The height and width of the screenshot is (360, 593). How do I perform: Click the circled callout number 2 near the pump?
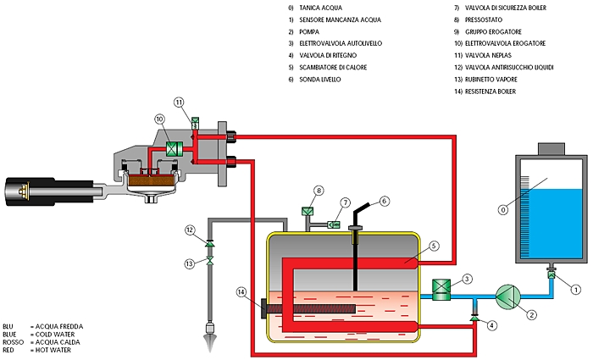(x=531, y=314)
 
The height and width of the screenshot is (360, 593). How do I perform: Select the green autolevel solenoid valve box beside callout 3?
(x=441, y=290)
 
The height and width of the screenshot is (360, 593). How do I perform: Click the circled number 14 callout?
(x=241, y=292)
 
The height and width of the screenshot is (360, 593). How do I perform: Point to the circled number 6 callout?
(x=385, y=202)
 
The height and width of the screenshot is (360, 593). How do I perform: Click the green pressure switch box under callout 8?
(x=308, y=211)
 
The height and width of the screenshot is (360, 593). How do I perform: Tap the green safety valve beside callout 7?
(x=334, y=224)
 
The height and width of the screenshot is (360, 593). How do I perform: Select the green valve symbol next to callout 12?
(x=209, y=244)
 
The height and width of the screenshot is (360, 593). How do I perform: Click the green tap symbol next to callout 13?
(x=209, y=260)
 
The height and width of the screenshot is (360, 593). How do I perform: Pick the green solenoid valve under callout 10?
(x=175, y=148)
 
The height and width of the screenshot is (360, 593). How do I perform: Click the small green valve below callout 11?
(x=195, y=123)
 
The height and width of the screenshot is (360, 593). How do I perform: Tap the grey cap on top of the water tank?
(x=551, y=149)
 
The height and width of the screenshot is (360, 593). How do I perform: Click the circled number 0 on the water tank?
(x=503, y=209)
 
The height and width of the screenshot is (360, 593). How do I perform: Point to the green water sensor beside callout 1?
(x=551, y=274)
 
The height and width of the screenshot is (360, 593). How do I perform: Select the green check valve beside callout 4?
(x=474, y=318)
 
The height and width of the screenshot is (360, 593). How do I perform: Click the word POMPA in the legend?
(x=309, y=32)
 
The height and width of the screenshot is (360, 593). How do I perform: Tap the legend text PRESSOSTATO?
(x=484, y=19)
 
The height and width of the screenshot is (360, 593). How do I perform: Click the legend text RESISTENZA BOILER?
(x=490, y=91)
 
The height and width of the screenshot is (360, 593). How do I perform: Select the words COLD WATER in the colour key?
(x=55, y=335)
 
